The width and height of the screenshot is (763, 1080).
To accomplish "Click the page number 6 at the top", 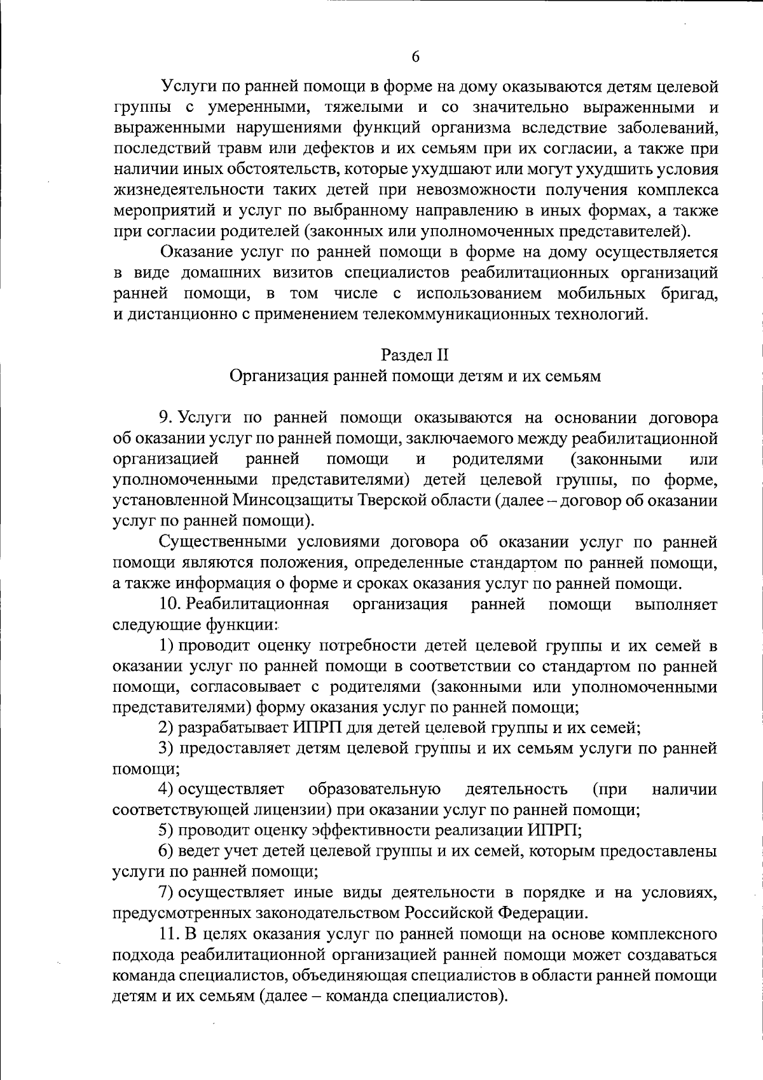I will click(415, 57).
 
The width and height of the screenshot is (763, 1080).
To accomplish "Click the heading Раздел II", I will click(415, 354).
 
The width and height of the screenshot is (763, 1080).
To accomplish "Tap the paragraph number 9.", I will click(165, 417).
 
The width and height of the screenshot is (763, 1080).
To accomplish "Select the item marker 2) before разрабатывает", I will click(166, 727).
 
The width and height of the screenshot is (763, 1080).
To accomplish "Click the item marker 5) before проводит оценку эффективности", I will click(166, 830).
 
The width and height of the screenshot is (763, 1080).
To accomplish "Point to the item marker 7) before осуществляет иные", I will click(166, 893).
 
